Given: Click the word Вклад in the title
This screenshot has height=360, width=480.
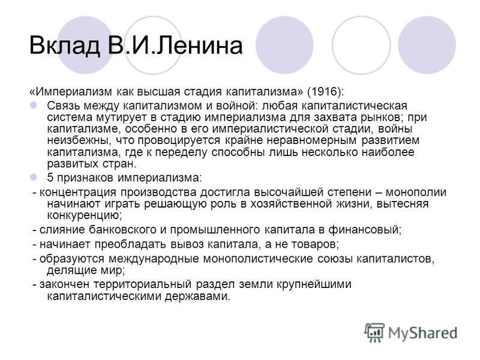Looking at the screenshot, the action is click(65, 46).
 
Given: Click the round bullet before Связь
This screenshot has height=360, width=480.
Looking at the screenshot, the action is click(34, 106).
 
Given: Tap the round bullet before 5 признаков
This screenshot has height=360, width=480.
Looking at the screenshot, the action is click(34, 177).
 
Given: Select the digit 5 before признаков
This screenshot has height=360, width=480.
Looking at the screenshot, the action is click(50, 177).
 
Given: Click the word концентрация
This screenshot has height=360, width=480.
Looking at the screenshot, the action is click(78, 193).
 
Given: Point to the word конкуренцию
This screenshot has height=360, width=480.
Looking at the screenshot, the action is click(84, 215).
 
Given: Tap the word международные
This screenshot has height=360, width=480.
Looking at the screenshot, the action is click(154, 259).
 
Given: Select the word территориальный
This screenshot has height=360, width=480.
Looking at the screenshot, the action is click(143, 284).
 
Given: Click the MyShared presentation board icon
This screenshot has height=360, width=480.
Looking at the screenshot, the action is click(374, 332).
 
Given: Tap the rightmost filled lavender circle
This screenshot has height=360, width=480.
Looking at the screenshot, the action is click(427, 45).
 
